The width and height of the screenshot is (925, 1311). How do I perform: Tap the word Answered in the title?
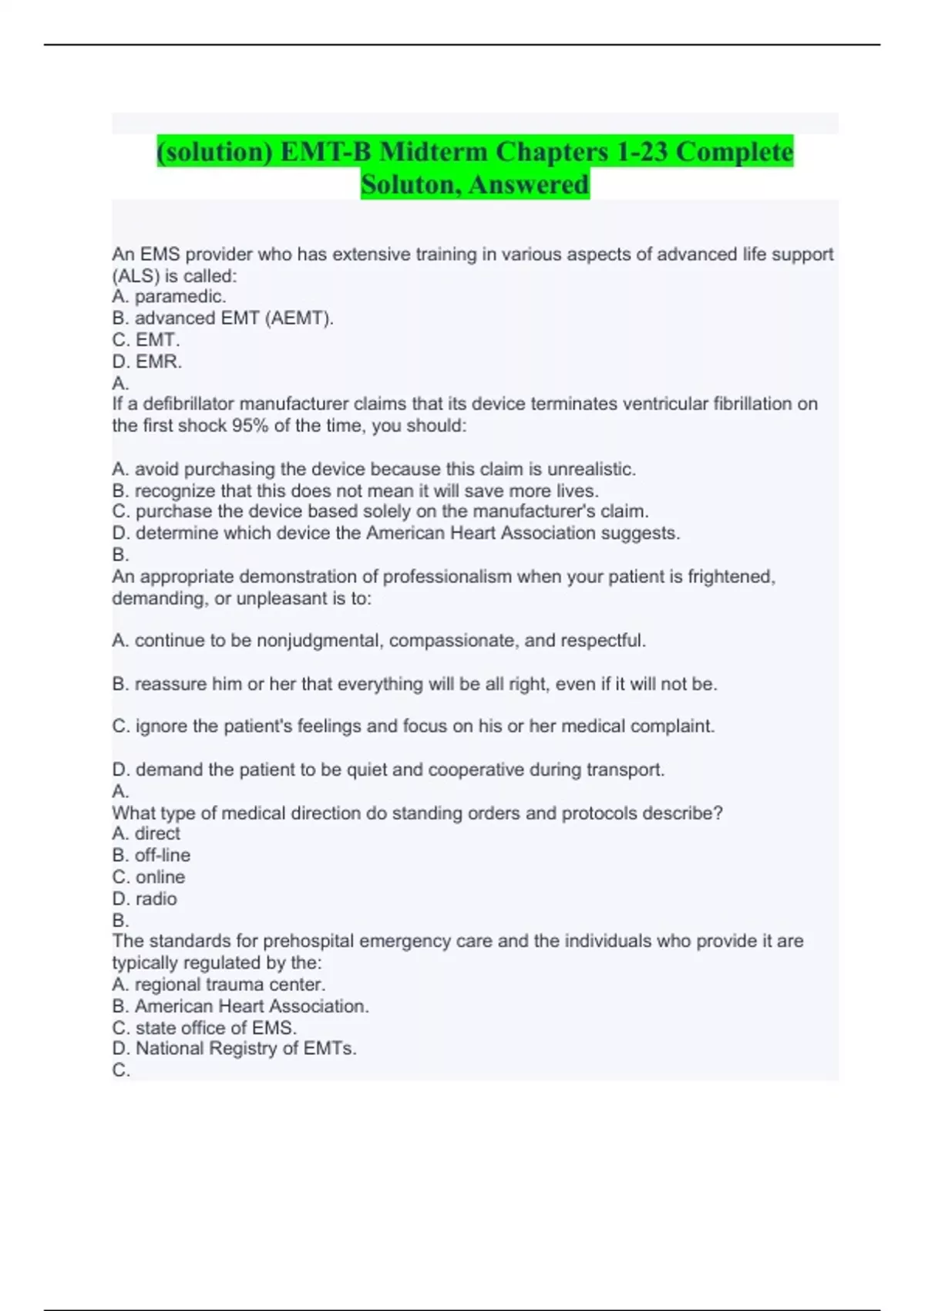[529, 184]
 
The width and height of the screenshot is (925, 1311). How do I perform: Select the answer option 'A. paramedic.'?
[169, 297]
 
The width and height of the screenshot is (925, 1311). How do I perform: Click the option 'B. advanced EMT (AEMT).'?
[223, 318]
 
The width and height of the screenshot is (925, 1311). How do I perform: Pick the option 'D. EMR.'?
[147, 362]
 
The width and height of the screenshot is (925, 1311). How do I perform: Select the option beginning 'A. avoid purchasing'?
[374, 469]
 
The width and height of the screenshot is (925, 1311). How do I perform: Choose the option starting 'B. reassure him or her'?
[415, 684]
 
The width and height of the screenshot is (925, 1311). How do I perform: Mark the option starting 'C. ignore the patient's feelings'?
[413, 726]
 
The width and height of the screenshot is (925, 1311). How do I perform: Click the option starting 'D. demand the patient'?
[388, 770]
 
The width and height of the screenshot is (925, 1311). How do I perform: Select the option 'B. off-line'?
[151, 855]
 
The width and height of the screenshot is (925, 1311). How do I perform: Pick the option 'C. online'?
[149, 878]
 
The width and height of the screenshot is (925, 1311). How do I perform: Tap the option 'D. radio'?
[145, 899]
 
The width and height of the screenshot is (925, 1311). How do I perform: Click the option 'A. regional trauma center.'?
[219, 985]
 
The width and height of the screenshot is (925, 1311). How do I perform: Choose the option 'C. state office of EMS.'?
[204, 1028]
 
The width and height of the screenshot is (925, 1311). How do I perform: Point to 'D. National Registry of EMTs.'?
[234, 1049]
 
